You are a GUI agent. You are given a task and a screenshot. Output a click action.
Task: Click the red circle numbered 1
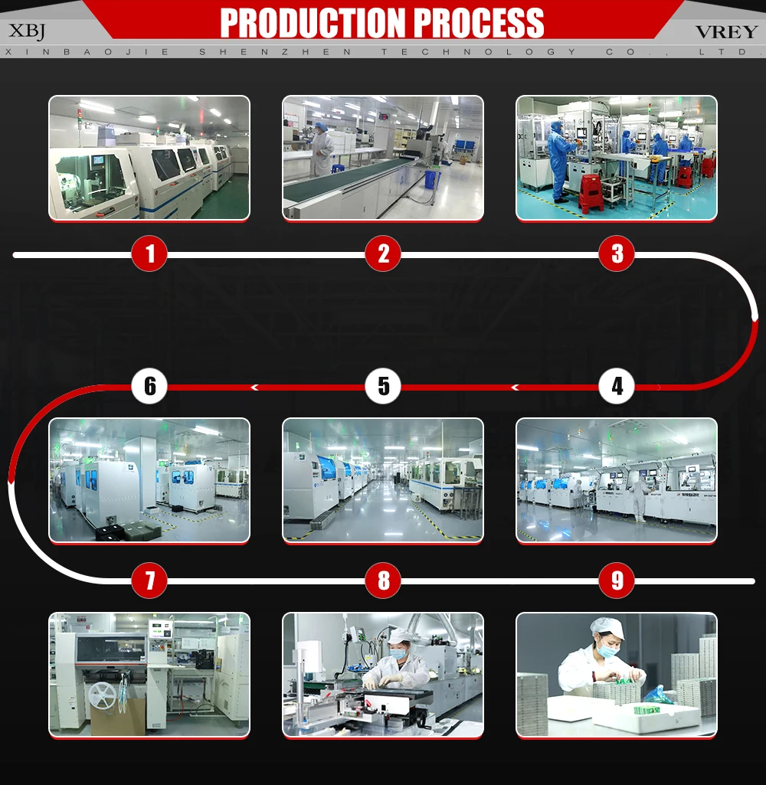(149, 253)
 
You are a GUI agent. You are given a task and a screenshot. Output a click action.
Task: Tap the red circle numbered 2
(383, 253)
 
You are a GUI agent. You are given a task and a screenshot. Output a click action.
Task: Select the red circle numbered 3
(617, 253)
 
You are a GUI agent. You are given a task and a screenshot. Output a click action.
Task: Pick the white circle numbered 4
(617, 387)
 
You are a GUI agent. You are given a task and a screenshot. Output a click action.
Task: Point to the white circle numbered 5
(383, 387)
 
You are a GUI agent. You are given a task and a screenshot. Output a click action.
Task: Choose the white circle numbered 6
(149, 387)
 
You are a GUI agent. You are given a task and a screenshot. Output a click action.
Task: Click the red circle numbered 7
(149, 581)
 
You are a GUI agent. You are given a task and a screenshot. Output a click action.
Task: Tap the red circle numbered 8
(383, 581)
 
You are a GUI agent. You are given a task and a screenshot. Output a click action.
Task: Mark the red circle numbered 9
(617, 581)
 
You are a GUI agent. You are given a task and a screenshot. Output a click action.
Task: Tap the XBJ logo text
(27, 31)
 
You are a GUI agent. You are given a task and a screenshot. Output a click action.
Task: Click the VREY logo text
(726, 31)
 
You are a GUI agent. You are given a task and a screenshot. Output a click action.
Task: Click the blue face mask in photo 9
(609, 651)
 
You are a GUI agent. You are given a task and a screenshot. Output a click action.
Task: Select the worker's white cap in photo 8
(398, 635)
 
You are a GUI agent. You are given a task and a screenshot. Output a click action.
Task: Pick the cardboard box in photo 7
(118, 716)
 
